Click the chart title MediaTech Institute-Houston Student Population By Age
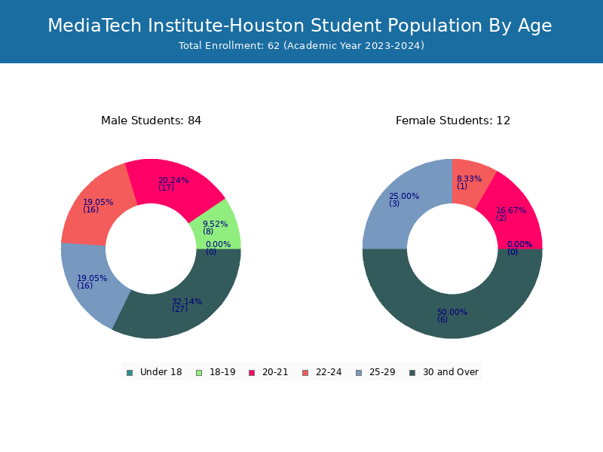(x=299, y=26)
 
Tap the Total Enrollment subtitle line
(x=301, y=46)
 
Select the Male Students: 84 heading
(x=152, y=121)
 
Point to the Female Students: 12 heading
(x=453, y=121)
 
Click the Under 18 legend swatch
(x=130, y=373)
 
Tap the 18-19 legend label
(x=222, y=372)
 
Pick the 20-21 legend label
(x=275, y=372)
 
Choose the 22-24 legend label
(x=329, y=372)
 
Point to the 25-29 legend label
(x=382, y=372)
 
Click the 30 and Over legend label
(x=451, y=372)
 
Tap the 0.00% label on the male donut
(x=218, y=244)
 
